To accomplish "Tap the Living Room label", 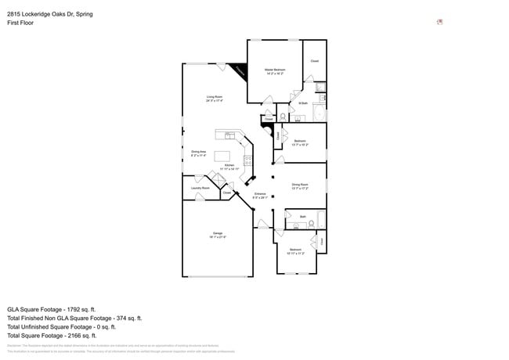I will point(215,99).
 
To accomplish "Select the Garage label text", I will point(218,235).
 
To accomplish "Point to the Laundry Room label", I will point(200,189).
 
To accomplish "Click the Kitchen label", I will point(229,166).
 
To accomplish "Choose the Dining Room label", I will point(300,186).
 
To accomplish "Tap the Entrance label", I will point(260,195).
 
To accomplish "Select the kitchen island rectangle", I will point(223,156).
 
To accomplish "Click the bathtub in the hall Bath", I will point(321,218).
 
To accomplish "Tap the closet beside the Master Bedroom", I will point(314,60).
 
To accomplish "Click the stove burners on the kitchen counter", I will point(248,160).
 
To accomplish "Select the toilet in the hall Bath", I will point(311,223).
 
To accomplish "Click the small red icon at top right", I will point(440,22).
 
